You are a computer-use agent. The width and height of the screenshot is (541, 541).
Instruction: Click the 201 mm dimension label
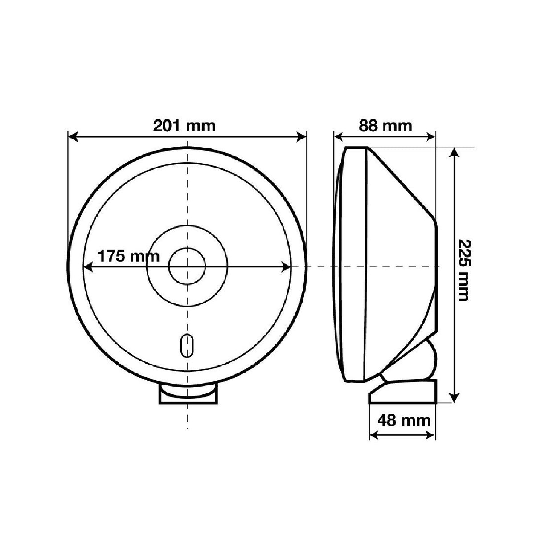pyautogui.click(x=184, y=126)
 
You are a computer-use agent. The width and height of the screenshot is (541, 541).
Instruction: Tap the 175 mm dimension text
pyautogui.click(x=128, y=256)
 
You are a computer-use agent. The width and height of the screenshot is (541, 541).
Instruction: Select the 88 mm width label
pyautogui.click(x=385, y=126)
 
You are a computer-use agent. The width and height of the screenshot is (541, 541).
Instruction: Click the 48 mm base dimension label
pyautogui.click(x=404, y=420)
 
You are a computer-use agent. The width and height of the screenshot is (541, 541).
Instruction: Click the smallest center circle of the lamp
pyautogui.click(x=187, y=266)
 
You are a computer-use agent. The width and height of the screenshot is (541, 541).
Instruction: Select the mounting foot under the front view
pyautogui.click(x=187, y=396)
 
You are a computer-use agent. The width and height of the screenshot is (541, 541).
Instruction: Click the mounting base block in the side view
pyautogui.click(x=402, y=392)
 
